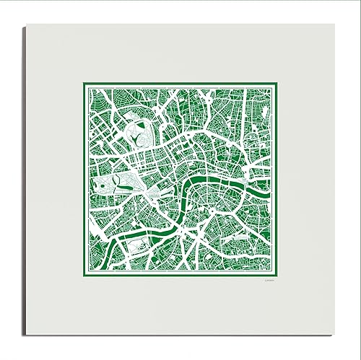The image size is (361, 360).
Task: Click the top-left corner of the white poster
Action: point(27,24)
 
